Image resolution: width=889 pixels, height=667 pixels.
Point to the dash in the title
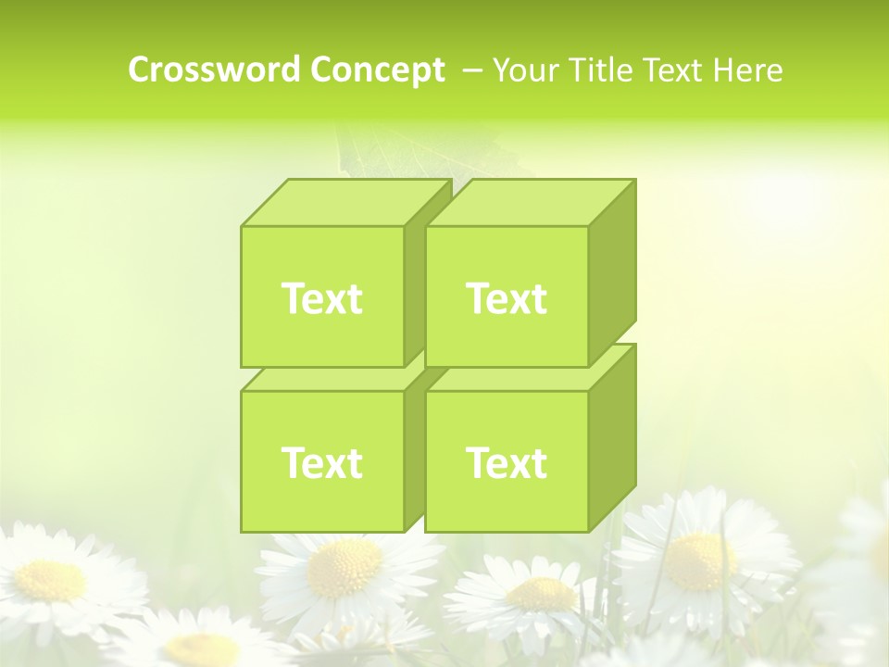[471, 70]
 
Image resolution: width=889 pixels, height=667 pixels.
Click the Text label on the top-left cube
[321, 298]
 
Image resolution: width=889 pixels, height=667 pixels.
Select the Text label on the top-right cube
[507, 298]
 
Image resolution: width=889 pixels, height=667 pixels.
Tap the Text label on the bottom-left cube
[321, 462]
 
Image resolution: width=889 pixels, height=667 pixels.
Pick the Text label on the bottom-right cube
[507, 462]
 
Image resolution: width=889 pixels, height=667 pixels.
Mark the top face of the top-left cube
[344, 203]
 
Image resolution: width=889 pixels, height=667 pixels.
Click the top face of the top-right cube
[530, 203]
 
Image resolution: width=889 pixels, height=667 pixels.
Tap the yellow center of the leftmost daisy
[51, 580]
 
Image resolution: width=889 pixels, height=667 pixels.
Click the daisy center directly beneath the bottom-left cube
[344, 568]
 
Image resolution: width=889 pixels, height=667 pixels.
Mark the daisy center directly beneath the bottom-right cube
[543, 594]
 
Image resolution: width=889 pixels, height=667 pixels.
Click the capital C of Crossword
[139, 70]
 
